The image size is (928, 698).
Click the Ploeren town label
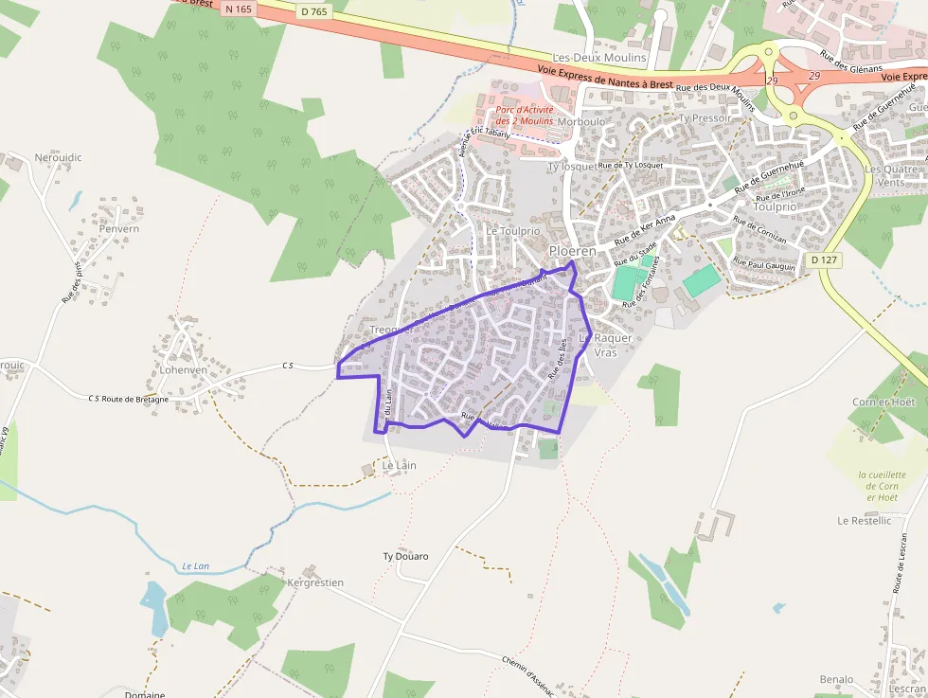(573, 251)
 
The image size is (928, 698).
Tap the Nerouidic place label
(58, 157)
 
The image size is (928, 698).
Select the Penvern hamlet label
(119, 229)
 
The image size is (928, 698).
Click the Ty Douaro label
(405, 556)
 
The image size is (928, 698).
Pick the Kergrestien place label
(315, 582)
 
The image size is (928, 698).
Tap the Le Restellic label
(864, 521)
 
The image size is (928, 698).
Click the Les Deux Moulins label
(599, 58)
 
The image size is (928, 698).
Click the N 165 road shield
(239, 9)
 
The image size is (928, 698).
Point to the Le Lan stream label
(195, 566)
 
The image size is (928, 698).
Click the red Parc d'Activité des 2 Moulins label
(525, 115)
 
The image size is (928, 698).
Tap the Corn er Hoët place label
(883, 403)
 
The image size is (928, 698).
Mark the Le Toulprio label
(512, 230)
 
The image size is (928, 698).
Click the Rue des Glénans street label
(851, 62)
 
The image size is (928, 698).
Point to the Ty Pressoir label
(705, 118)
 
